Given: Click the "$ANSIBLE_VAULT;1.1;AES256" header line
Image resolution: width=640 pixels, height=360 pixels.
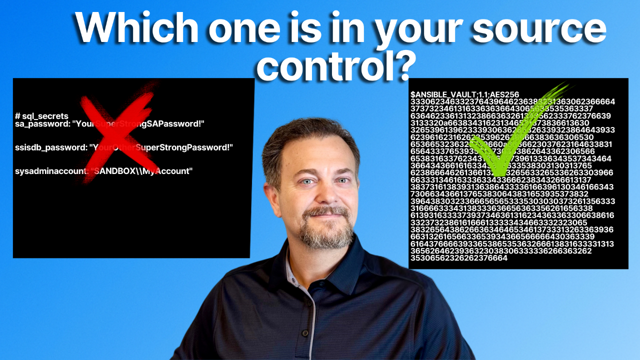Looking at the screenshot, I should (464, 94).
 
